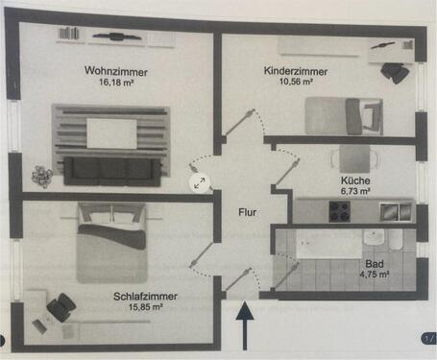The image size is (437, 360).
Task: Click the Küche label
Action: pyautogui.click(x=354, y=180)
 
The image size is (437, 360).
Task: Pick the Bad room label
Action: pyautogui.click(x=376, y=262)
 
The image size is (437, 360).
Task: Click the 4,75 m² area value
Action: pyautogui.click(x=376, y=274)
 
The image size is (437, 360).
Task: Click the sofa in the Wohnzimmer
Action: pyautogui.click(x=112, y=170)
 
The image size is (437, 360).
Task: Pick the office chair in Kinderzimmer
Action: pyautogui.click(x=394, y=69)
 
